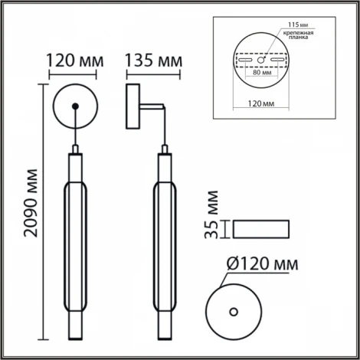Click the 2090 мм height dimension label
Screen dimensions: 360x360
(31, 203)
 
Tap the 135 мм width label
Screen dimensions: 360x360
(153, 61)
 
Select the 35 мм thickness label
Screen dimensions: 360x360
(211, 214)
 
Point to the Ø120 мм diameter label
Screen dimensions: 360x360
(263, 263)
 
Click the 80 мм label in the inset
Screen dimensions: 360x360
(262, 73)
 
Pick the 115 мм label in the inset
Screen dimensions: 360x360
(298, 25)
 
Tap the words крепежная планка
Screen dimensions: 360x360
(298, 35)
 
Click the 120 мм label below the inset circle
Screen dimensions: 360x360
(261, 103)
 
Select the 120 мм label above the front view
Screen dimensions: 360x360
(75, 61)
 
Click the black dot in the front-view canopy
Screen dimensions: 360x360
(75, 106)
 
